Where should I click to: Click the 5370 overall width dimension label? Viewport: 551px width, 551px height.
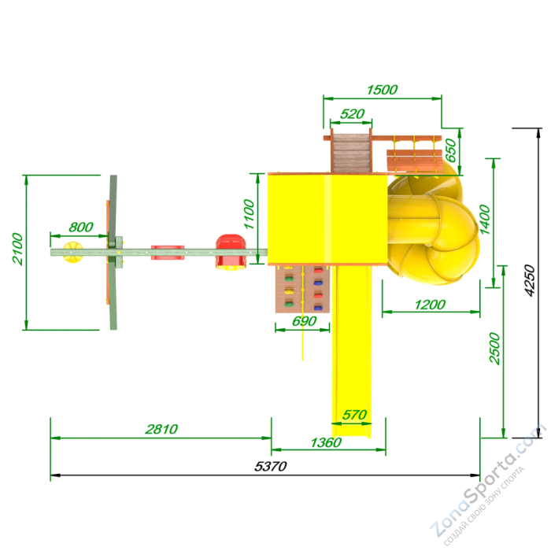point(270,466)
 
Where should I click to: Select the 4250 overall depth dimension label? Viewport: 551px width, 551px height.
point(529,280)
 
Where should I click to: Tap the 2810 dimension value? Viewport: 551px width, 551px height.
point(161,429)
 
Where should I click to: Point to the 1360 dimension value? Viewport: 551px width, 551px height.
point(326,442)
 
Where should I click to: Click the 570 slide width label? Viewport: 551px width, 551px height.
point(354,415)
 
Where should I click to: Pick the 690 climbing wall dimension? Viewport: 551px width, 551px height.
point(305,321)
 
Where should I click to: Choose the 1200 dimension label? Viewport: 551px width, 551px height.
point(430,305)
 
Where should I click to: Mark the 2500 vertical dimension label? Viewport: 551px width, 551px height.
point(494,348)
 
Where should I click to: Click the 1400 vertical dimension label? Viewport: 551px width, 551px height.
point(485,220)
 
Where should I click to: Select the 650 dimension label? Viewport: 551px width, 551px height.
point(450,150)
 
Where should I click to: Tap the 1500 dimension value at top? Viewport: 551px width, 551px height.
point(382,90)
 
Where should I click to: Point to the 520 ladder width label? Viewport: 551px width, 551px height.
point(352,114)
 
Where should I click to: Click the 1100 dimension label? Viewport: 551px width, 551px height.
point(249,214)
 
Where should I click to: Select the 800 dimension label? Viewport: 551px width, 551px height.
point(81,227)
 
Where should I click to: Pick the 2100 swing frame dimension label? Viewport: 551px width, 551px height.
point(17,249)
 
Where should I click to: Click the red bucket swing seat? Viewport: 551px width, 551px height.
point(231,253)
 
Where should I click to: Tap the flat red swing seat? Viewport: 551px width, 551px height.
point(168,253)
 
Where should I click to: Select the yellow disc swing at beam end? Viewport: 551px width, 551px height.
point(72,252)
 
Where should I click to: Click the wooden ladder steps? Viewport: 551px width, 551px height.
point(351,153)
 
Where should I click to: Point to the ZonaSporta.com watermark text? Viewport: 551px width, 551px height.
point(488,485)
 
